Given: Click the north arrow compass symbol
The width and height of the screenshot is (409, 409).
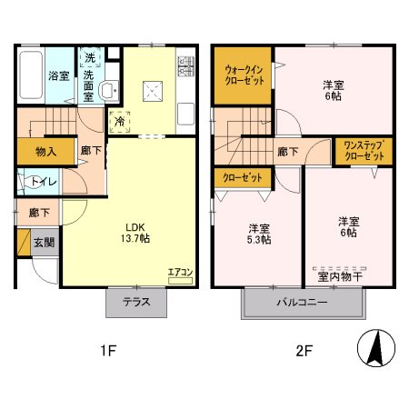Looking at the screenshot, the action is tap(376, 348).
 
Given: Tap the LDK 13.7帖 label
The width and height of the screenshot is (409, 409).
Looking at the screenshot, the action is tap(135, 233).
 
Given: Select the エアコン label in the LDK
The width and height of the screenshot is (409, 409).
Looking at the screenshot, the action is tap(180, 273).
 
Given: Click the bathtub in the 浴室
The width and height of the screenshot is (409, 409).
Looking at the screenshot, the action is tap(31, 75).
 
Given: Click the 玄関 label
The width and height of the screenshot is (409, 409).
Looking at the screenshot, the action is tap(45, 243).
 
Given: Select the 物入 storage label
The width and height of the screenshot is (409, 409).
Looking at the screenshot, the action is tap(46, 152).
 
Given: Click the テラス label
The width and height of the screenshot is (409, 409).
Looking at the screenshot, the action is tap(136, 302).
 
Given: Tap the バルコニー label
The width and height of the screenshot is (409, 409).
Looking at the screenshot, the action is tap(303, 302).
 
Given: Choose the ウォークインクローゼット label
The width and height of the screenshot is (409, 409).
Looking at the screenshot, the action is tap(244, 75).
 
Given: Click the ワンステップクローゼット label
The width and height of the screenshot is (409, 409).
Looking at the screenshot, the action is tap(364, 151).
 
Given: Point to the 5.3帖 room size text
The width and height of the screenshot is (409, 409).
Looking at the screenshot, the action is tap(259, 240).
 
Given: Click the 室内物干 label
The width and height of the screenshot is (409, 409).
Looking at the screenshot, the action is tap(340, 276).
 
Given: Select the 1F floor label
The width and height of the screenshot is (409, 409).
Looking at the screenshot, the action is tap(108, 351).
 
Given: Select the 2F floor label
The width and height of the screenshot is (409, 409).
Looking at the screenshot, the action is tap(304, 351).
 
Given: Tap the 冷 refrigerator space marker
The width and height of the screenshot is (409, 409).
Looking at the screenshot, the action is tap(120, 122).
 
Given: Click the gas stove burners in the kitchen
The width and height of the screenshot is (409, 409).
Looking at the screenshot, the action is tap(185, 66).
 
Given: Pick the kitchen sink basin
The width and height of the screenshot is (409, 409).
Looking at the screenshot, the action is tap(185, 114).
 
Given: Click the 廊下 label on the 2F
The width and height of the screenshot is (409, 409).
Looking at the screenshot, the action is tap(288, 152).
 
